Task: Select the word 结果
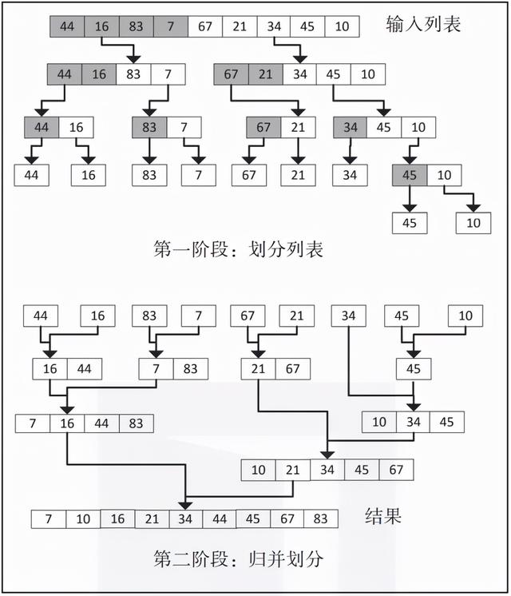coord(382,515)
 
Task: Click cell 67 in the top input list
coord(205,26)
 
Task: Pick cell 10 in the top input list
coord(342,26)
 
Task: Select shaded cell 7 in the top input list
coord(170,26)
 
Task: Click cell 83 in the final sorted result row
coord(321,519)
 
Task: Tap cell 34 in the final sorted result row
coord(185,519)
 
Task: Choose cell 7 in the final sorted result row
coord(49,519)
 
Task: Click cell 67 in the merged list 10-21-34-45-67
coord(396,470)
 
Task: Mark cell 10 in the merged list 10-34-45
coord(379,421)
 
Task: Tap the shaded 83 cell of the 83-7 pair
coord(149,127)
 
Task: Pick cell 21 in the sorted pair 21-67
coord(258,368)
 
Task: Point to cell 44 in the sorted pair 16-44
coord(84,368)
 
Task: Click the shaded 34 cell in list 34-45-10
coord(350,127)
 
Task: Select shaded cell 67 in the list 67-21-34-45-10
coord(232,75)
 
